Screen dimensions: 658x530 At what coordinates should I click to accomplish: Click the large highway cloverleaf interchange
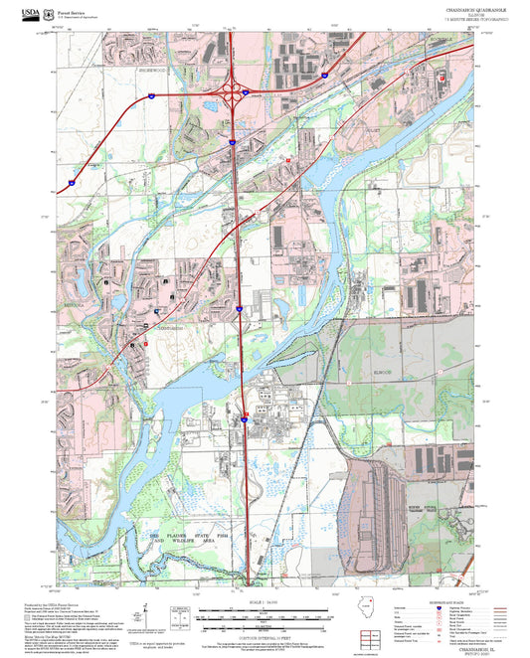[237, 94]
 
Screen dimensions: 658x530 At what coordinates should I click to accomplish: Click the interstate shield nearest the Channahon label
[240, 311]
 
